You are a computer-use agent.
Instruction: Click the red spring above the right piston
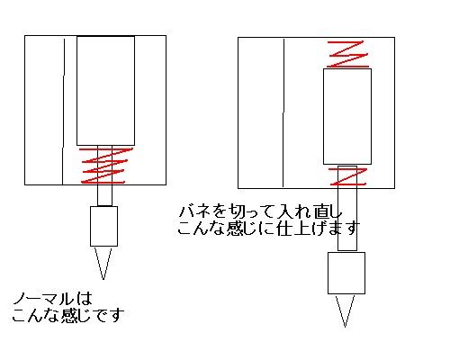[x=348, y=54]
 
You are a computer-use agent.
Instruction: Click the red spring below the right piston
[x=348, y=176]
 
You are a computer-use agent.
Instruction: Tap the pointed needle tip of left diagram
[x=103, y=279]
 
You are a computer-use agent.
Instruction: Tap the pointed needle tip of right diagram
[x=345, y=327]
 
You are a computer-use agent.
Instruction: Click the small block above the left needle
[x=103, y=226]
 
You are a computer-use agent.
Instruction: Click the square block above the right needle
[x=346, y=273]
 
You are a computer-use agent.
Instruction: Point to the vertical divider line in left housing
[x=63, y=111]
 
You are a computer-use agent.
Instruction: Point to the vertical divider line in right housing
[x=283, y=112]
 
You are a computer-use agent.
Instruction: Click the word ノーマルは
[x=52, y=299]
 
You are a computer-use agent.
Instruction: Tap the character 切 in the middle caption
[x=237, y=211]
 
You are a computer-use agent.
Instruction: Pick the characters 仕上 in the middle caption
[x=292, y=228]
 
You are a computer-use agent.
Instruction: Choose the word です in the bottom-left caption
[x=109, y=315]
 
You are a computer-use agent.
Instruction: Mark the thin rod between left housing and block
[x=104, y=195]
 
